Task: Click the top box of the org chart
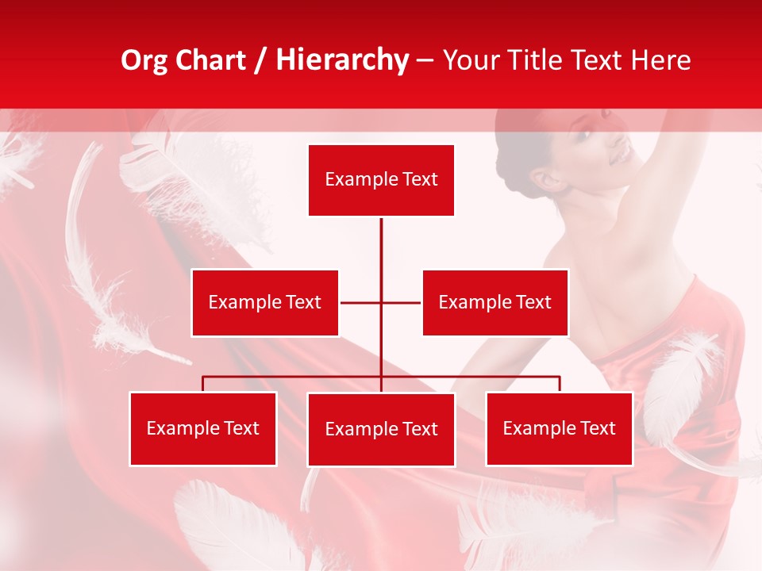(381, 180)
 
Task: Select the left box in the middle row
(265, 302)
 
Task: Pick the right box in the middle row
(495, 302)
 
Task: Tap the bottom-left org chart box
(202, 428)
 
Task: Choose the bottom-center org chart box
(381, 429)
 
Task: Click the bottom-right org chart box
(559, 428)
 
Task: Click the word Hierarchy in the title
(342, 60)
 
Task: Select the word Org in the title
(144, 60)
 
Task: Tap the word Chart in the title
(210, 60)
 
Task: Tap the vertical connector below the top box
(381, 246)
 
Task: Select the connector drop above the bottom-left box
(202, 384)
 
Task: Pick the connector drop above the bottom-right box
(560, 384)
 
